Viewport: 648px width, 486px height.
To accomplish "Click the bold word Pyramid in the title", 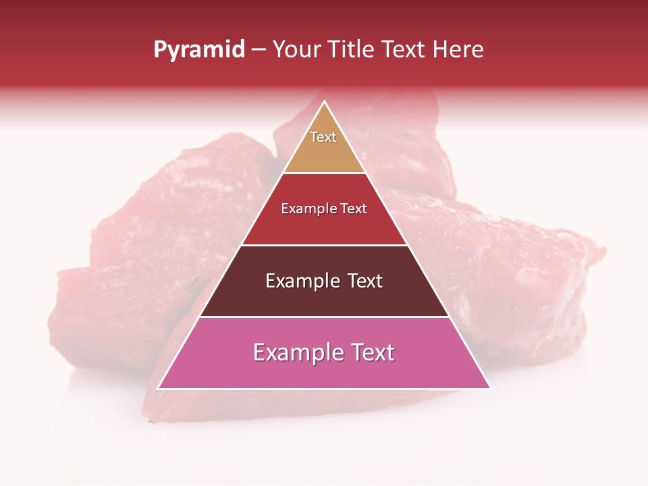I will [x=198, y=50].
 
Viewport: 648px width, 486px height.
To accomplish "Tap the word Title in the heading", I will [x=350, y=50].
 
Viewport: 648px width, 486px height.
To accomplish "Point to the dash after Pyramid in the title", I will [x=259, y=50].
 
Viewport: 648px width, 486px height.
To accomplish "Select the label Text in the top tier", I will [x=323, y=137].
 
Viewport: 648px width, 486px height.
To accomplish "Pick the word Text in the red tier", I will [x=354, y=209].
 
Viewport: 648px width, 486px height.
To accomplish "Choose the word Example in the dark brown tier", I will [x=300, y=281].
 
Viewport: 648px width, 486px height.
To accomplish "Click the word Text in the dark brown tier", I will [x=363, y=281].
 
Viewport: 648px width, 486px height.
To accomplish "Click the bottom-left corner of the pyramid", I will [x=159, y=388].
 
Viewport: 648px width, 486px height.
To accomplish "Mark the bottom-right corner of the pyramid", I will [x=490, y=388].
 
